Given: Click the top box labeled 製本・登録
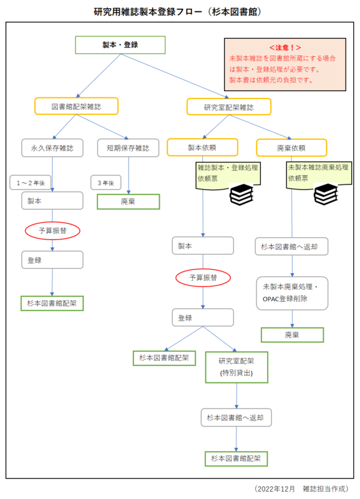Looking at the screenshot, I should [x=120, y=45].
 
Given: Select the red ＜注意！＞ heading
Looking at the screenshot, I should [x=285, y=47].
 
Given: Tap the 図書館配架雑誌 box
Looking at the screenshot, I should [x=77, y=107].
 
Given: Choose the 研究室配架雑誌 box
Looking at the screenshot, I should [x=229, y=107].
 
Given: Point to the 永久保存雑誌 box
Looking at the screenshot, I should [x=52, y=148].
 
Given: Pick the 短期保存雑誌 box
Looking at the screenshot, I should [x=129, y=148].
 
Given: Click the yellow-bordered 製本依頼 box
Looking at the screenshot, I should [x=203, y=147].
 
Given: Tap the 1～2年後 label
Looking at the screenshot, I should [x=30, y=182].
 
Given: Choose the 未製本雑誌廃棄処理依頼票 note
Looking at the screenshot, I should [x=318, y=173].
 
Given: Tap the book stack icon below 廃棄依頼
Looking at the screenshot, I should [x=326, y=195].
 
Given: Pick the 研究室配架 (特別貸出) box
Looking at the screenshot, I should [x=236, y=367].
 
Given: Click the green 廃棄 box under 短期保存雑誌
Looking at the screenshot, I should [x=129, y=202].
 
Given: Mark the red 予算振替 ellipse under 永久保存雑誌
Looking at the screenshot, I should [x=52, y=231].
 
